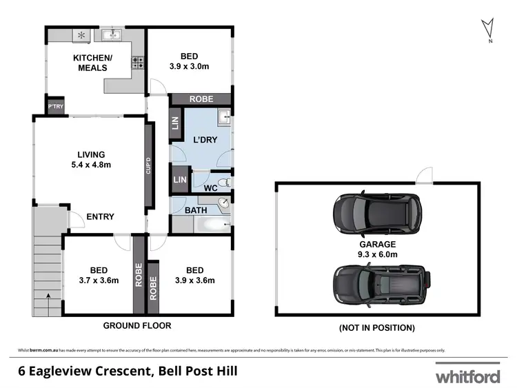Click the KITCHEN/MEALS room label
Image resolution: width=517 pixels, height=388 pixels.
(90, 63)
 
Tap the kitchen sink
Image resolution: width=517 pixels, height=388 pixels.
(111, 34)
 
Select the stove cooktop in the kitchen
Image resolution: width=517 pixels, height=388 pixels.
(138, 63)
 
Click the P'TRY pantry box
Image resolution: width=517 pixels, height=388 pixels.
(54, 107)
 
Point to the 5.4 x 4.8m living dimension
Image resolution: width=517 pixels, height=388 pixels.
(90, 165)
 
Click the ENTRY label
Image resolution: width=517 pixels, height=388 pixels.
(100, 216)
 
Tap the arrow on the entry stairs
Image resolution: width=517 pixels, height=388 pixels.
(48, 294)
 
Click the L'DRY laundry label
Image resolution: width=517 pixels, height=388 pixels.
(205, 140)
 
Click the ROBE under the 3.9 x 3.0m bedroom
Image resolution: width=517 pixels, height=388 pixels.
(202, 99)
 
